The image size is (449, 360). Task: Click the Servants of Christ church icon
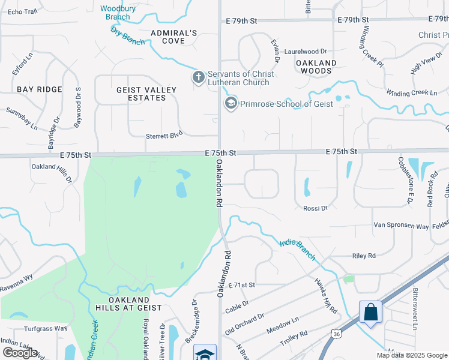[x=199, y=77]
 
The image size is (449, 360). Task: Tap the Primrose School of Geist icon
[x=231, y=104]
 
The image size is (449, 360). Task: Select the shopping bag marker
[x=370, y=312]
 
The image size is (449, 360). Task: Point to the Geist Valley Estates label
[x=146, y=94]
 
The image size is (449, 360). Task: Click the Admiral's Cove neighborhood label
[x=174, y=37]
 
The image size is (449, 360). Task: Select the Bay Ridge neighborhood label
[x=40, y=89]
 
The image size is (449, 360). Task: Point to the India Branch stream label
[x=297, y=250]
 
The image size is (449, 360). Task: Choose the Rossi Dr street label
[x=316, y=208]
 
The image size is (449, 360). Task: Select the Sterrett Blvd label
[x=164, y=136]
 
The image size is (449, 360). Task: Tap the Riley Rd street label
[x=364, y=256]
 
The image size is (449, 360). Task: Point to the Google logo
[x=20, y=353]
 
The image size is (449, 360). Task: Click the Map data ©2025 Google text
[x=412, y=355]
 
